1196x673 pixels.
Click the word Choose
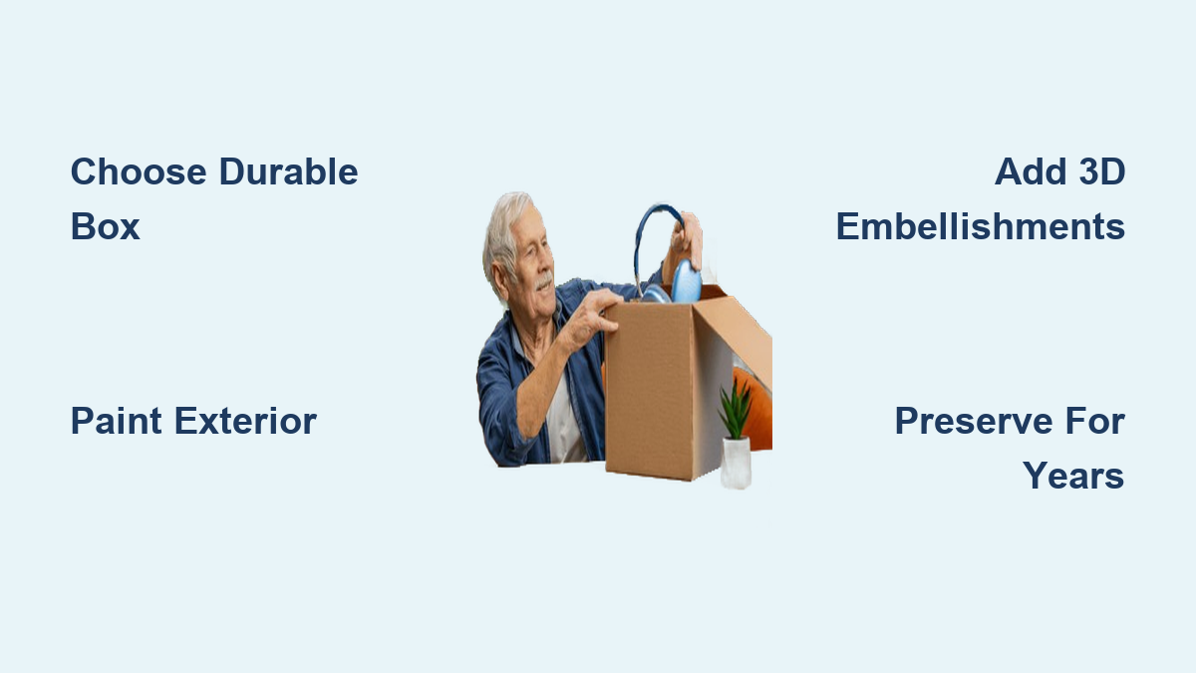pyautogui.click(x=139, y=171)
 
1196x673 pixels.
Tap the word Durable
pyautogui.click(x=288, y=171)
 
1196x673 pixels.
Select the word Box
pyautogui.click(x=106, y=226)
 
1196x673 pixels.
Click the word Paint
pyautogui.click(x=117, y=421)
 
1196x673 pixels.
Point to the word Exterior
pyautogui.click(x=245, y=421)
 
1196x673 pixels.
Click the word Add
pyautogui.click(x=1031, y=171)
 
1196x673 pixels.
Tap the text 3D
pyautogui.click(x=1102, y=171)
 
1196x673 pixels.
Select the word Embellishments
pyautogui.click(x=981, y=226)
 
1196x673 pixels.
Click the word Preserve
pyautogui.click(x=974, y=421)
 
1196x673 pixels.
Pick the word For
pyautogui.click(x=1095, y=421)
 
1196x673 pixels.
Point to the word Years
pyautogui.click(x=1073, y=476)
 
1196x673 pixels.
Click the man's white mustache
pyautogui.click(x=544, y=280)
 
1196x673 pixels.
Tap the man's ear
pyautogui.click(x=499, y=275)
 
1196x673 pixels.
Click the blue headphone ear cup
pyautogui.click(x=686, y=281)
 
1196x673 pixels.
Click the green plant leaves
pyautogui.click(x=736, y=410)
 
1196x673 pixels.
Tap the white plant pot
pyautogui.click(x=736, y=463)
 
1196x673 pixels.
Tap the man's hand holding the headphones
pyautogui.click(x=687, y=240)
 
